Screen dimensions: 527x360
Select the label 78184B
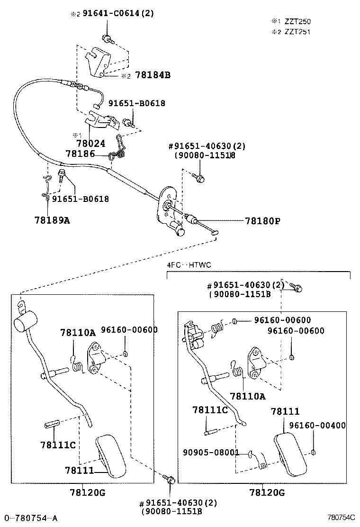tap(153, 75)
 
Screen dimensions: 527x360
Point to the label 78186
tap(80, 154)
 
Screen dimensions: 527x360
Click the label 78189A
tap(52, 219)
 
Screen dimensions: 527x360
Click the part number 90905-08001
tap(211, 453)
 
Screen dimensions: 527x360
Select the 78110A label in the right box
tap(248, 396)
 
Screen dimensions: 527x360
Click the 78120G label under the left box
tap(85, 492)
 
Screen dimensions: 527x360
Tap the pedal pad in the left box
tap(111, 455)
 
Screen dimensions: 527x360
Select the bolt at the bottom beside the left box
tap(171, 480)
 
